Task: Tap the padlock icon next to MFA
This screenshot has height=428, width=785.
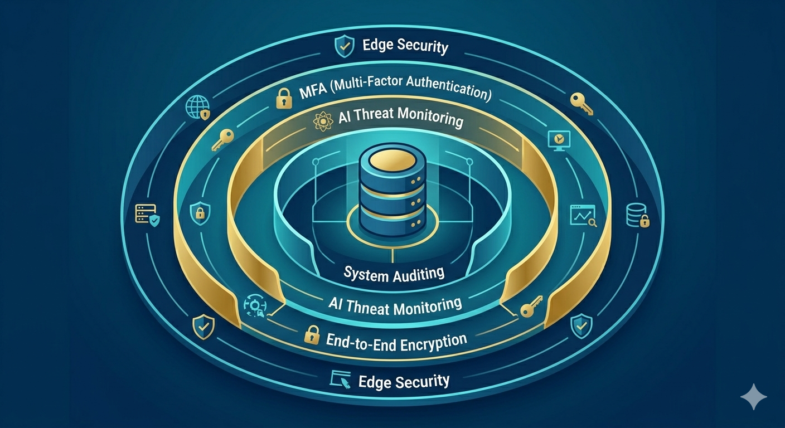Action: (284, 98)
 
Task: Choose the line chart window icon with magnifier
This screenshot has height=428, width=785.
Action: (583, 216)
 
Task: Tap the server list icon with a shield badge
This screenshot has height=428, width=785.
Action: (147, 215)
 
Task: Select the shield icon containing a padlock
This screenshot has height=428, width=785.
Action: (200, 212)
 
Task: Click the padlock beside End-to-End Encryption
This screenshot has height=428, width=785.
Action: (312, 334)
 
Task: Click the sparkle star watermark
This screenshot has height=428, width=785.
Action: (753, 396)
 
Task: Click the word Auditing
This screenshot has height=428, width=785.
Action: (418, 274)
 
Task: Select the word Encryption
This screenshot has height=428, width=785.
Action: (433, 342)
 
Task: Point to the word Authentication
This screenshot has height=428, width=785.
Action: (448, 86)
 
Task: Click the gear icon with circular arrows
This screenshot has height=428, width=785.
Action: (254, 306)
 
